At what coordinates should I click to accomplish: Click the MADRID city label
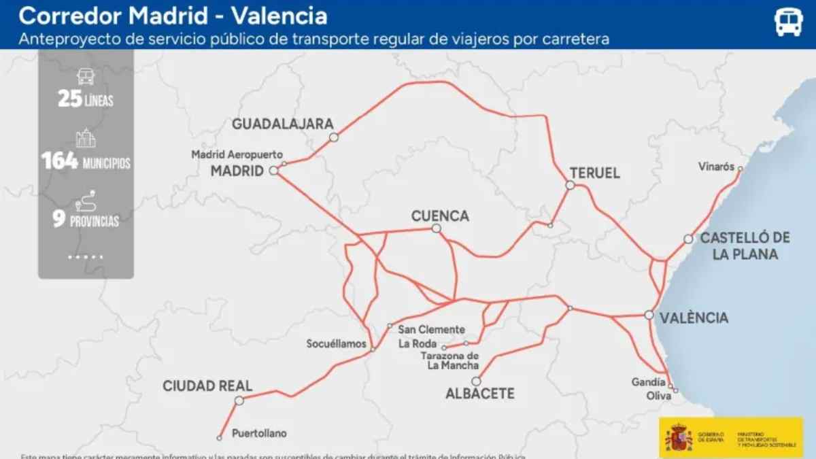[237, 171]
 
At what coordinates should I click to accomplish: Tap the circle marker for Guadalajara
[334, 137]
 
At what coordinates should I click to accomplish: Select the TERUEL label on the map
[595, 173]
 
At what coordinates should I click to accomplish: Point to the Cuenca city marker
[437, 228]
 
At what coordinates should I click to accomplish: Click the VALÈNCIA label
[694, 318]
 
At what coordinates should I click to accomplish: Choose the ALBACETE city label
[479, 394]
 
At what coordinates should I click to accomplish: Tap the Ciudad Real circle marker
[239, 401]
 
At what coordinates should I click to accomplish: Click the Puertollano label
[259, 433]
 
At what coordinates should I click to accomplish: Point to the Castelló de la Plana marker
[688, 239]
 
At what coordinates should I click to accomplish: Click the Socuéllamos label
[337, 344]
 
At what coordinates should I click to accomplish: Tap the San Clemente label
[431, 330]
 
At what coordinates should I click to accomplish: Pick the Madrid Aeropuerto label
[237, 154]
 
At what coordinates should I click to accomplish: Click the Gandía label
[648, 382]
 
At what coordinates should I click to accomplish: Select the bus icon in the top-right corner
[789, 22]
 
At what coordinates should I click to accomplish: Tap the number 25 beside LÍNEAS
[70, 100]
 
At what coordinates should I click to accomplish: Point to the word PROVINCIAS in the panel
[94, 222]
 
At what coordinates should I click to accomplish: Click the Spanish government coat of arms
[679, 437]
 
